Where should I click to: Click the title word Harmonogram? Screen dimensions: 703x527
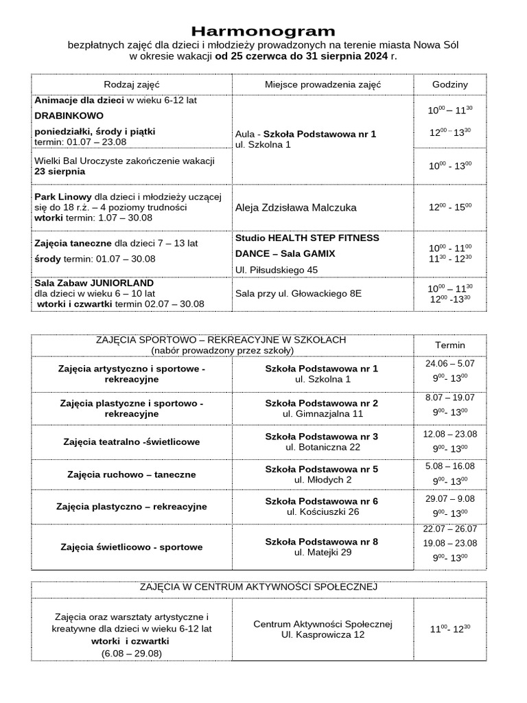click(x=263, y=32)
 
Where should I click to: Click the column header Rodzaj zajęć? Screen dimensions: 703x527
click(x=131, y=84)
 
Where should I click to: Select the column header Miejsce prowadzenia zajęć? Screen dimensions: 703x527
click(x=323, y=84)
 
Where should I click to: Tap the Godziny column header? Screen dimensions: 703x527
click(x=449, y=84)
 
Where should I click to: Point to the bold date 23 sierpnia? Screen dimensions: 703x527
click(x=60, y=172)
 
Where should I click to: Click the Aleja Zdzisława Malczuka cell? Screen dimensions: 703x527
click(x=296, y=207)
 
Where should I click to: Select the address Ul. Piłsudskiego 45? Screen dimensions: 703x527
click(x=276, y=270)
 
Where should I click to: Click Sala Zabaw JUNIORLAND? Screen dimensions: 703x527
click(x=94, y=283)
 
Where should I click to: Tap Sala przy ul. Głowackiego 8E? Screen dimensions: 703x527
click(x=298, y=293)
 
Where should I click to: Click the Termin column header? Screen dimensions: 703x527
click(x=449, y=345)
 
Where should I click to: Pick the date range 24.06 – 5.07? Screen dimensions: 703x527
click(x=449, y=364)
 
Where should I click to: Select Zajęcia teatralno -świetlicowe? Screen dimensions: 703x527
click(x=131, y=441)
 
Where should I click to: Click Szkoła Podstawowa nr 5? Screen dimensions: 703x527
click(x=322, y=469)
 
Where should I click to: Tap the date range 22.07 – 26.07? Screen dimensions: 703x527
click(x=449, y=529)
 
